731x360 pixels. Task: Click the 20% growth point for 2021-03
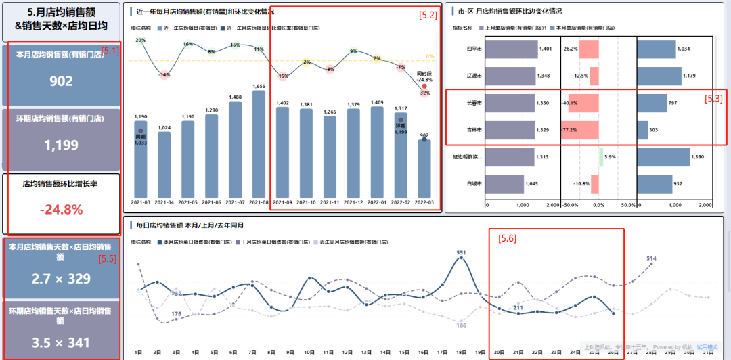(x=141, y=41)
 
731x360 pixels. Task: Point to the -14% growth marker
(x=164, y=75)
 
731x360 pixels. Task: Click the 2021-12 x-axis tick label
(x=353, y=202)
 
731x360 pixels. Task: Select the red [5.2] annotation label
(x=428, y=14)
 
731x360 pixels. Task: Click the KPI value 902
(x=61, y=81)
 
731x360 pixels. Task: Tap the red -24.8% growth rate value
(x=61, y=210)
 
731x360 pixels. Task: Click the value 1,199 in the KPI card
(x=61, y=145)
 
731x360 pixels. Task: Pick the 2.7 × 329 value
(x=61, y=278)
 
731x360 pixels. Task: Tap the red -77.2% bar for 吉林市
(x=580, y=129)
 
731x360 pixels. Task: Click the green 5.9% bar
(x=601, y=157)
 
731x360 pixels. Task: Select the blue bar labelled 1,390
(x=663, y=157)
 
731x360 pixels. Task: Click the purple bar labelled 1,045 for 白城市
(x=504, y=184)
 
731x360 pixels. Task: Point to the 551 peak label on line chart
(x=461, y=253)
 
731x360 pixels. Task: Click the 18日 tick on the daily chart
(x=461, y=352)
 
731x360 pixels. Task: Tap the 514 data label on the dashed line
(x=651, y=258)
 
